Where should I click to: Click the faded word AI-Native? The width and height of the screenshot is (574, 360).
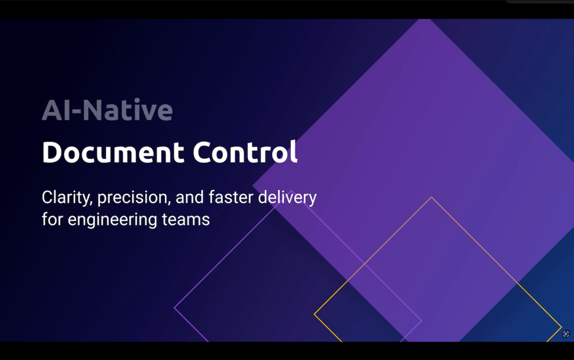tap(107, 110)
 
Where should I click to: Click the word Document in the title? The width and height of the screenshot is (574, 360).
tap(113, 152)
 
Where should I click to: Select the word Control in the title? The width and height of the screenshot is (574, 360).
tap(245, 152)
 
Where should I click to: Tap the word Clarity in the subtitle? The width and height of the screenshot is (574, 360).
tap(67, 198)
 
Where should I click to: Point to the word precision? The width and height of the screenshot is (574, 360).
tap(134, 198)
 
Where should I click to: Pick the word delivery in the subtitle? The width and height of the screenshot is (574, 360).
tap(287, 198)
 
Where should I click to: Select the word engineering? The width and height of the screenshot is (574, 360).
tap(112, 220)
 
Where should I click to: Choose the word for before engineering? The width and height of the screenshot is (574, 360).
tap(52, 219)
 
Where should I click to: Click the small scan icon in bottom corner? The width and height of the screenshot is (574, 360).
tap(566, 334)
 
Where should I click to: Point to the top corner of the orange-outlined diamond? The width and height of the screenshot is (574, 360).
tap(431, 197)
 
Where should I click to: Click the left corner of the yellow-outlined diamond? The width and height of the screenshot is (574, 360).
tap(314, 314)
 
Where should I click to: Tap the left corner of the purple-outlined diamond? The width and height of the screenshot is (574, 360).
tap(174, 308)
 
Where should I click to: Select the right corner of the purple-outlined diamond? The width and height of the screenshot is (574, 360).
tap(422, 320)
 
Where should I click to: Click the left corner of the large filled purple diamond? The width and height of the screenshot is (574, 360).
tap(252, 186)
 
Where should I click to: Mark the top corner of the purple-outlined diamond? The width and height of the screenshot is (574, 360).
tap(291, 191)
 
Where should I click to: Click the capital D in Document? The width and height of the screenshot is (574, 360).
tap(52, 152)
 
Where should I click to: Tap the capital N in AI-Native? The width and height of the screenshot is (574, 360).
tap(92, 110)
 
